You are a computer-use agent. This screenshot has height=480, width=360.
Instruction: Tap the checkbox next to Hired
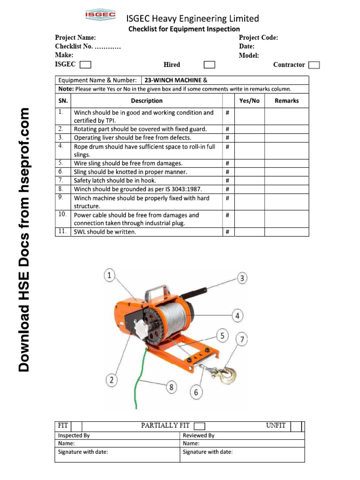pos(210,65)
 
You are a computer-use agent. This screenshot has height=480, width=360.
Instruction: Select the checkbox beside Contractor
pos(315,65)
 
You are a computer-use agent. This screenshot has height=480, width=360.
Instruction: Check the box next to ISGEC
pos(85,65)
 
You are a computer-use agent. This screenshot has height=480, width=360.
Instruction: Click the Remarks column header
pos(286,101)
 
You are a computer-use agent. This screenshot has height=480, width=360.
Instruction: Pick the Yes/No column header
pos(249,101)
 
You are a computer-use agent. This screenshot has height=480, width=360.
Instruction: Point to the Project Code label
pos(258,37)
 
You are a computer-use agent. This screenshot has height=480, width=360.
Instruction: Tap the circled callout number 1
pos(109,276)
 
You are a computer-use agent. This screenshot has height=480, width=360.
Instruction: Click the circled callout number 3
pos(242,278)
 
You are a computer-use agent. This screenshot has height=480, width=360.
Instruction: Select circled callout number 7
pos(242,340)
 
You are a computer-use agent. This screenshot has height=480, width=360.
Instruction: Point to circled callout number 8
pos(172,387)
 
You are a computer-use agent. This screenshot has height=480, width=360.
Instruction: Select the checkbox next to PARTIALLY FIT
pos(200,426)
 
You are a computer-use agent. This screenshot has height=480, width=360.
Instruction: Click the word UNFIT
pos(276,425)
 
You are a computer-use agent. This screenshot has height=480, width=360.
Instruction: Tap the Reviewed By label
pos(199,435)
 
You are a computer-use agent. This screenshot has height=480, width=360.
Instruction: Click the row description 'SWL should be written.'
pos(105,232)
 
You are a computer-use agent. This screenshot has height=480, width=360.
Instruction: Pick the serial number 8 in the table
pos(61,189)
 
